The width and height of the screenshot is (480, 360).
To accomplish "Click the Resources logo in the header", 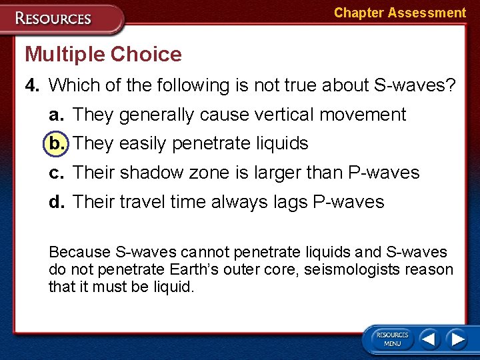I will [x=53, y=18].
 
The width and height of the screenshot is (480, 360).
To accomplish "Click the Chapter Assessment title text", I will [x=399, y=13].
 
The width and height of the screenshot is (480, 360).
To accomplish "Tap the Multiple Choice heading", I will [x=103, y=54].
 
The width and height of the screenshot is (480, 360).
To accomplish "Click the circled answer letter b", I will [x=56, y=143].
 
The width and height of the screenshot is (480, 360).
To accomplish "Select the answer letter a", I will [x=56, y=115].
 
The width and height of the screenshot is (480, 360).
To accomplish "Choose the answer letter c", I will [x=56, y=173].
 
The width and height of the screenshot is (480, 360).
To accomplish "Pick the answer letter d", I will [x=56, y=201].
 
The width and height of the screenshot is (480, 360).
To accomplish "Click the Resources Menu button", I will [x=392, y=339].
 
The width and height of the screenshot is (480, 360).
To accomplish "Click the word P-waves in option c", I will [x=384, y=173].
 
